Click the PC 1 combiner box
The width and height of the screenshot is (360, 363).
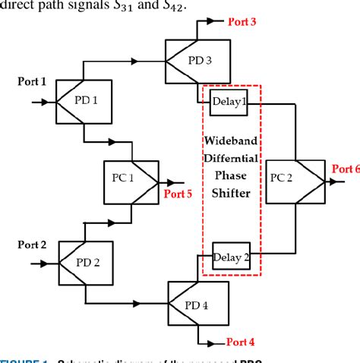tap(131, 181)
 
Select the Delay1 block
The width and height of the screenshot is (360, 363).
tap(229, 101)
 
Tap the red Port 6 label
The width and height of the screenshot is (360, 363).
tap(344, 168)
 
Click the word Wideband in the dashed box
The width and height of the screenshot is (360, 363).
tap(232, 141)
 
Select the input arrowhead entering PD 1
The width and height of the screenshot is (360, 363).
tap(43, 100)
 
